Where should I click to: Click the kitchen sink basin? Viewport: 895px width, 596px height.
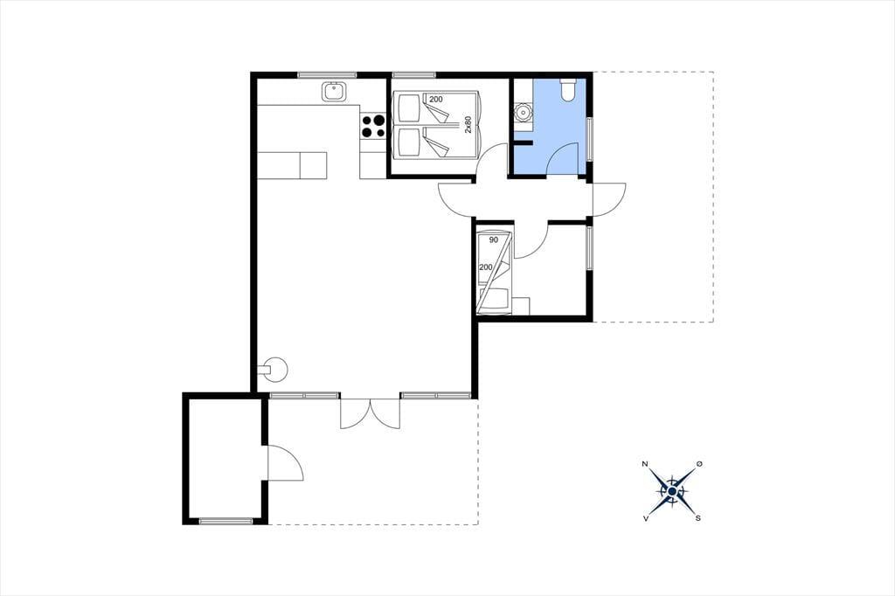coord(332,92)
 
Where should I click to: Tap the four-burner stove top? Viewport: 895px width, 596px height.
coord(373,126)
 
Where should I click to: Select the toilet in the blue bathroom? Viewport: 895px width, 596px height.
coord(568,90)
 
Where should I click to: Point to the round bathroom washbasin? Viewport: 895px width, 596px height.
coord(523,112)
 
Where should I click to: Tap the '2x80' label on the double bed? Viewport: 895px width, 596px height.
coord(468,125)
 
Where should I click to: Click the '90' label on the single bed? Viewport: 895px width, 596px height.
coord(494,239)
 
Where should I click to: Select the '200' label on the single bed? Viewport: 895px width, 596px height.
coord(486,267)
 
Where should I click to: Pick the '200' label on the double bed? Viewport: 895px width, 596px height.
coord(435,100)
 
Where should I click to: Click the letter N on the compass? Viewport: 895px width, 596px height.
coord(645,463)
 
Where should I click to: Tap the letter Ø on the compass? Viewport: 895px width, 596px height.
coord(699,464)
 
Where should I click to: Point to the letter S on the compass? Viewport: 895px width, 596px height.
coord(698,518)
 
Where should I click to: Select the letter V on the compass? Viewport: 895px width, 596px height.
coord(646,518)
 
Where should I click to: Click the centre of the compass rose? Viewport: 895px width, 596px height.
coord(672,491)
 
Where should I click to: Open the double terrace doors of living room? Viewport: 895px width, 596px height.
coord(370,412)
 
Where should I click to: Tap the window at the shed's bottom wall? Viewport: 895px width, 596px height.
coord(226,521)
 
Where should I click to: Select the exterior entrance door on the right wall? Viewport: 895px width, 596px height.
coord(609,199)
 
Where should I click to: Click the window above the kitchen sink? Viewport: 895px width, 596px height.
coord(327,75)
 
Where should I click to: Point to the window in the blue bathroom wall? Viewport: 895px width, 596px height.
coord(590,140)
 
